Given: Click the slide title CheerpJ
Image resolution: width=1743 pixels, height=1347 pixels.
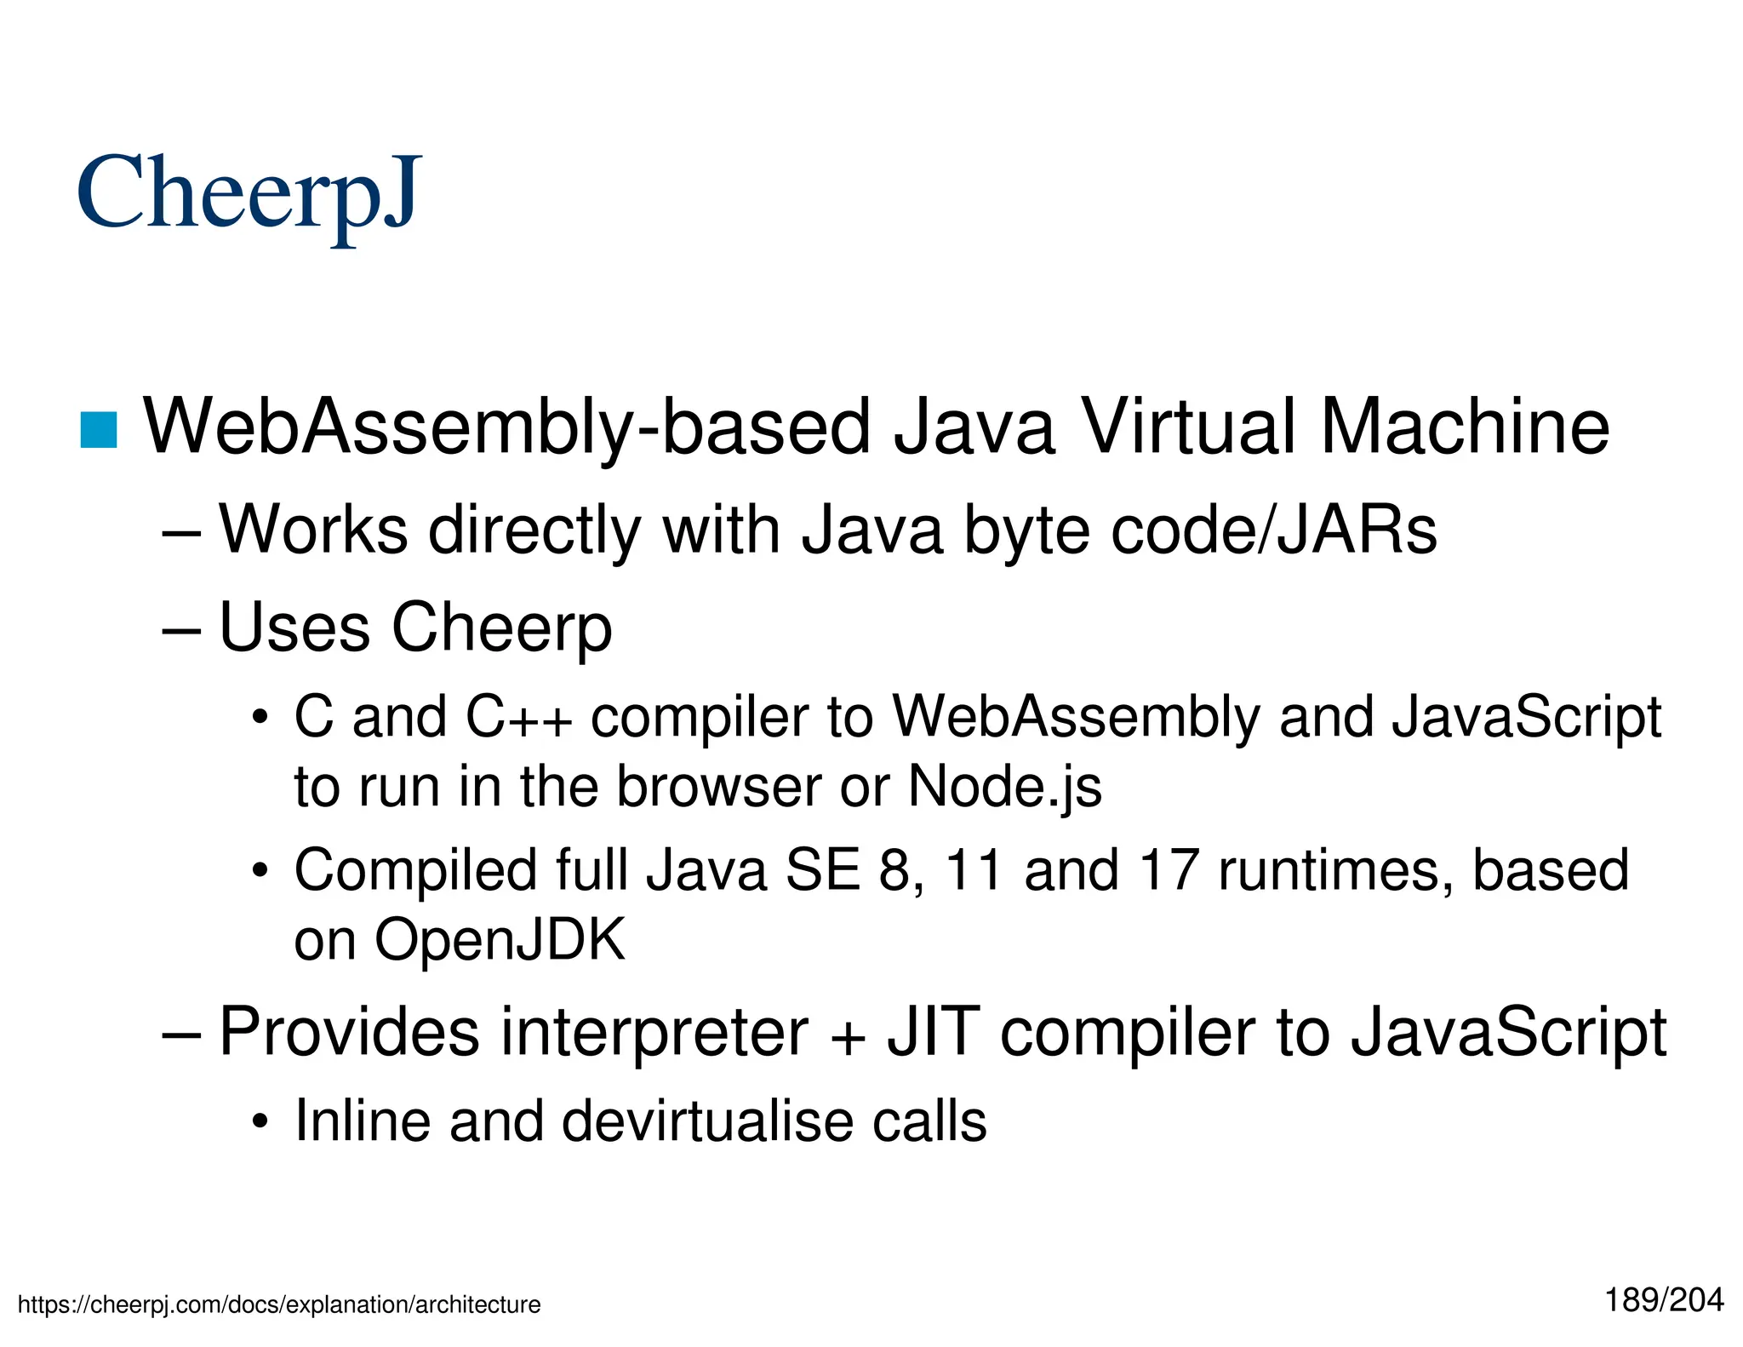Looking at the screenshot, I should pyautogui.click(x=249, y=194).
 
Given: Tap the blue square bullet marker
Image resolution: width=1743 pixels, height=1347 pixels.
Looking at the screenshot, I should pyautogui.click(x=99, y=429).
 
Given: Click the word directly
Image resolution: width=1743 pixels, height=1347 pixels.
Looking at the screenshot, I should pyautogui.click(x=534, y=530).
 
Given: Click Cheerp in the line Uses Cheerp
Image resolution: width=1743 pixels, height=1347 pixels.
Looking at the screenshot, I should pyautogui.click(x=501, y=628).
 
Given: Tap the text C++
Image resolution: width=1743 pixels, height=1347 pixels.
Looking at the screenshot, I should pyautogui.click(x=518, y=717).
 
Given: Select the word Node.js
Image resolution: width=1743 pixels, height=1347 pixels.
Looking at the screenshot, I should pyautogui.click(x=1004, y=786).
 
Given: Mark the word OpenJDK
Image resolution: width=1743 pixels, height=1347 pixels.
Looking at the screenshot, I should pyautogui.click(x=500, y=940).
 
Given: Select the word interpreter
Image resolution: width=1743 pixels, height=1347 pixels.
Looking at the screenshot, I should pyautogui.click(x=654, y=1032).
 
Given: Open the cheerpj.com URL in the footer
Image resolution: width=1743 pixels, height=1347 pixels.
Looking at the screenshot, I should pyautogui.click(x=279, y=1304).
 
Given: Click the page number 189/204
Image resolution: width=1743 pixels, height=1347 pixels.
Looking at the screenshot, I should pyautogui.click(x=1664, y=1300).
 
